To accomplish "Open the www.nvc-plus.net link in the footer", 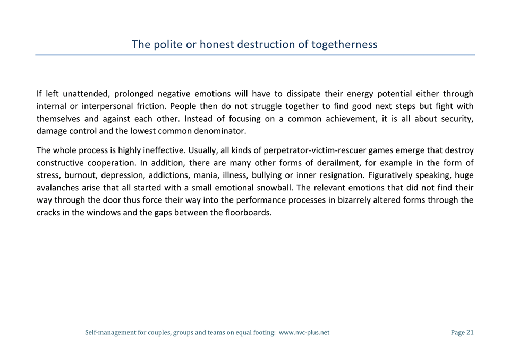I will tap(304, 333).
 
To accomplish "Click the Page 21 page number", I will tap(462, 333).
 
